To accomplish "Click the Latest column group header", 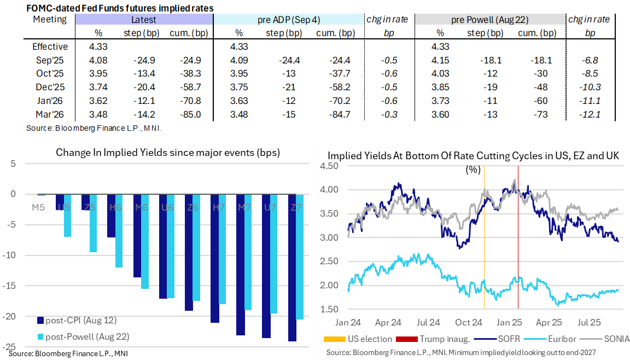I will [143, 20].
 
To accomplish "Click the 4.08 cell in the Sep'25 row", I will [98, 60].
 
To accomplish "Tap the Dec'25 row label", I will [50, 88].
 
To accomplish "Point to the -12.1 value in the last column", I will [590, 115].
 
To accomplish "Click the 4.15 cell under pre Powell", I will [442, 60].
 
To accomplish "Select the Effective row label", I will [50, 47].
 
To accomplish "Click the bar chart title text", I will [168, 153].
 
